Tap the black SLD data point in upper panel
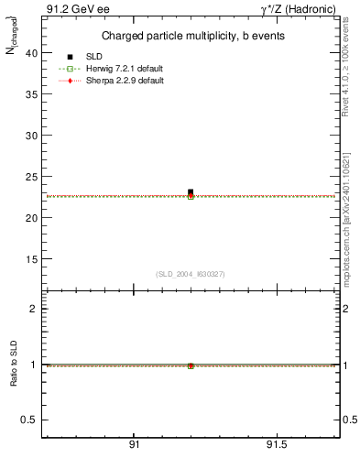[191, 192]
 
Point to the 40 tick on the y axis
[32, 53]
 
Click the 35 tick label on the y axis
[32, 94]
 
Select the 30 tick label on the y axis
[32, 136]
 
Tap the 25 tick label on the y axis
[32, 177]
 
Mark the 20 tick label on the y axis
[32, 218]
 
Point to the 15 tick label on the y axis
[32, 259]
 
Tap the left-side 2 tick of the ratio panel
[34, 309]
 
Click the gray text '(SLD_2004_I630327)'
[190, 274]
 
